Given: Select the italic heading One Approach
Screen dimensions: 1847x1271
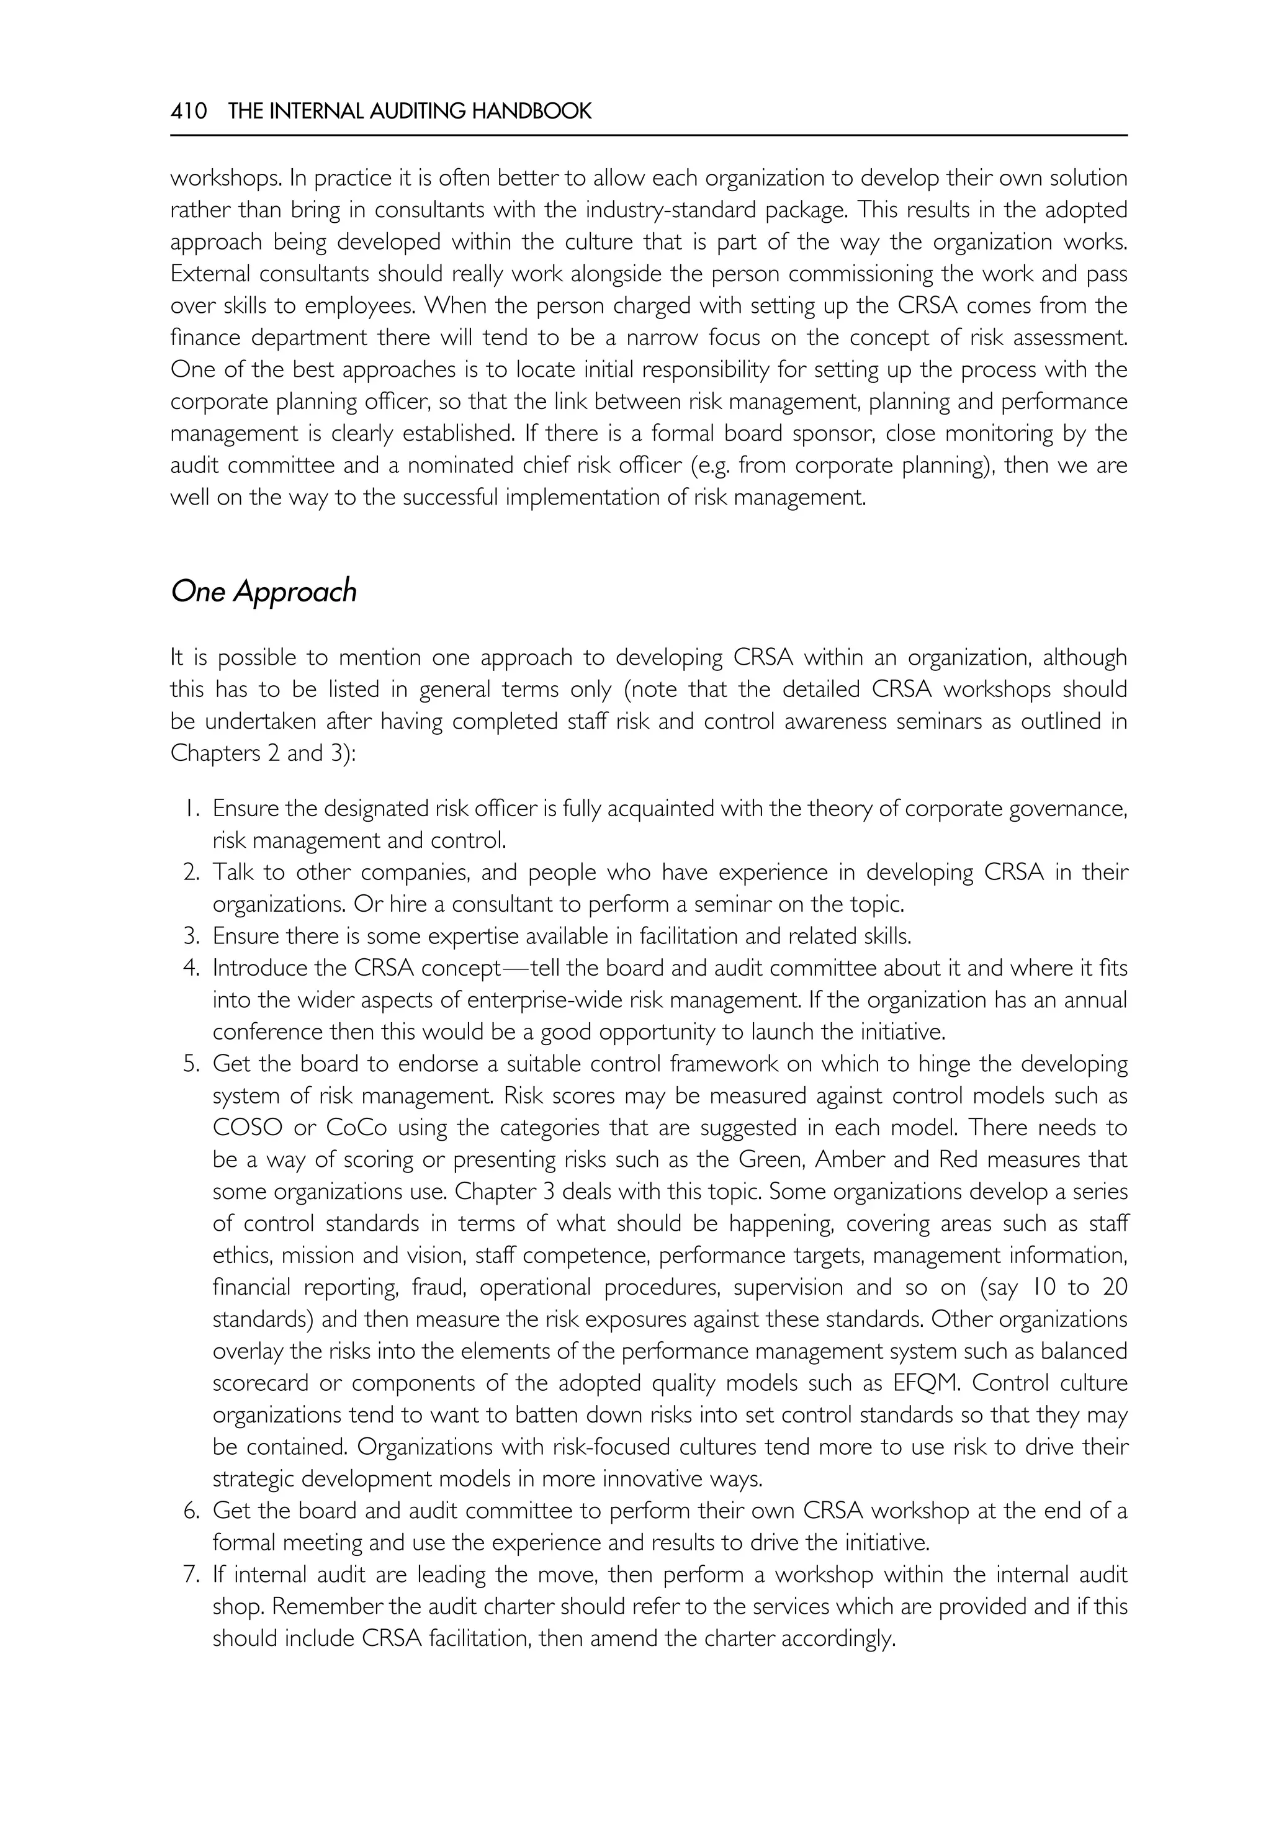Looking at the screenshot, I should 264,592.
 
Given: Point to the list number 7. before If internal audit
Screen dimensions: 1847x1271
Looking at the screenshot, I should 191,1575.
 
